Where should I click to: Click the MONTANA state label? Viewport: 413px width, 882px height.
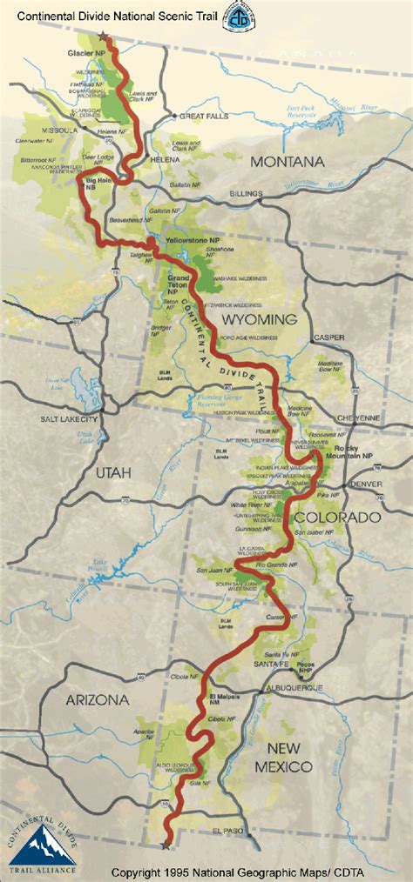tap(287, 161)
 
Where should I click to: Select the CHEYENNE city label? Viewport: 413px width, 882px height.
tap(358, 418)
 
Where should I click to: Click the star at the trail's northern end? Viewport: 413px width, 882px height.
tap(105, 37)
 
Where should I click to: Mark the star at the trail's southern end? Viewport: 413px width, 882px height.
tap(166, 844)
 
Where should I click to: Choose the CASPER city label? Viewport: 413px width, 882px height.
tap(328, 337)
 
